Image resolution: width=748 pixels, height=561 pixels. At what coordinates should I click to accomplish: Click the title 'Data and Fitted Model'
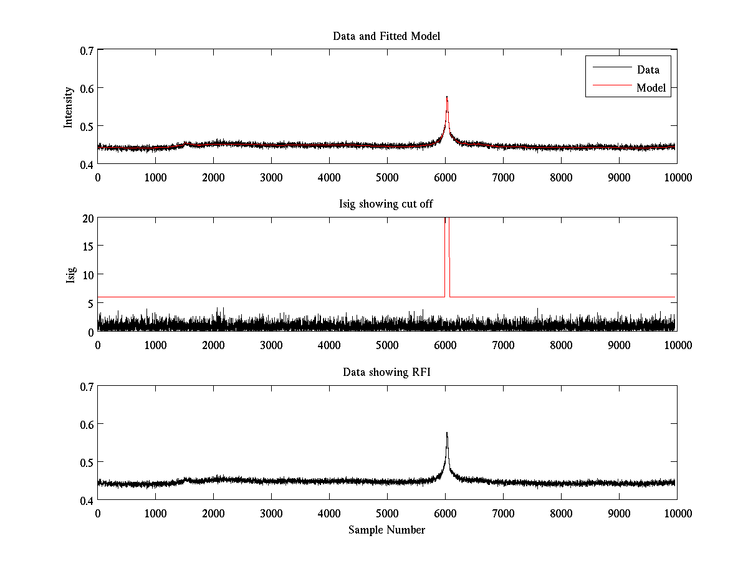(x=386, y=36)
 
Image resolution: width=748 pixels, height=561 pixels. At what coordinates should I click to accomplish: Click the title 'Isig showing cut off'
(x=386, y=204)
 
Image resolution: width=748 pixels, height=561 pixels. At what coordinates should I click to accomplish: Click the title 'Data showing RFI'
(x=386, y=373)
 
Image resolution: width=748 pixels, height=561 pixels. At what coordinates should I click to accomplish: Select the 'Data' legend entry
(x=648, y=70)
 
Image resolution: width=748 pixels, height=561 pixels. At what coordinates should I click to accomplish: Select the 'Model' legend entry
(x=651, y=88)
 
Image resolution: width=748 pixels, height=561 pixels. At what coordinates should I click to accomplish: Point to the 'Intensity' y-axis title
(x=69, y=107)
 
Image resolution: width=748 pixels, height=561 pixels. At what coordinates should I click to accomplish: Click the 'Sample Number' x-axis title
(x=386, y=530)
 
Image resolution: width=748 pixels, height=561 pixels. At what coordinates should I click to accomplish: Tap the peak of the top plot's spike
(x=447, y=97)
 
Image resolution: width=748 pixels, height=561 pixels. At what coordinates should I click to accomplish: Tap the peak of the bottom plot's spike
(x=447, y=433)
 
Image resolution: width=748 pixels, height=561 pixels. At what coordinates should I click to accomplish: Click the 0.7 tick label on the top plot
(x=85, y=49)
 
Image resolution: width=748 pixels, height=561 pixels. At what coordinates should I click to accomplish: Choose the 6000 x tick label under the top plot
(x=445, y=177)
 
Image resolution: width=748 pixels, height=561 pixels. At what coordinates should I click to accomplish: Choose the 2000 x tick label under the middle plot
(x=213, y=345)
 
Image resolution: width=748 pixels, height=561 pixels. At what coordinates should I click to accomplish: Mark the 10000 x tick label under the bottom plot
(x=677, y=513)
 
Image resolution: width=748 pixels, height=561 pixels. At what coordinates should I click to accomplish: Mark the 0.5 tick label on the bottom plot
(x=85, y=462)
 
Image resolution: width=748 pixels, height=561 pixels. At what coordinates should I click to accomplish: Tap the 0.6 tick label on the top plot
(x=85, y=88)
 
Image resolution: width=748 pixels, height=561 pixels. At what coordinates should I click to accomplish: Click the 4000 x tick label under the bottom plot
(x=329, y=513)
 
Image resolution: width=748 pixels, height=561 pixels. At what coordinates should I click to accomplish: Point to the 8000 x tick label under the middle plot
(x=561, y=345)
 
